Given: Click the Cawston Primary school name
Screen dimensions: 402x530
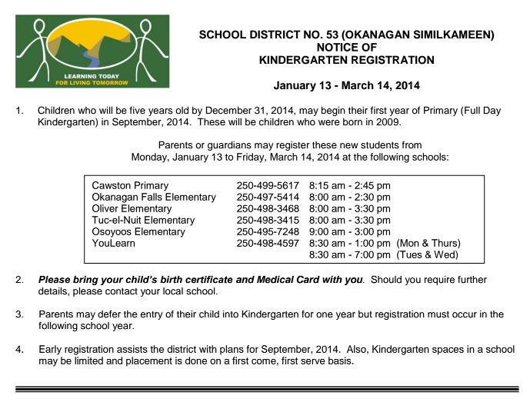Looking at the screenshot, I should pos(130,186).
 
